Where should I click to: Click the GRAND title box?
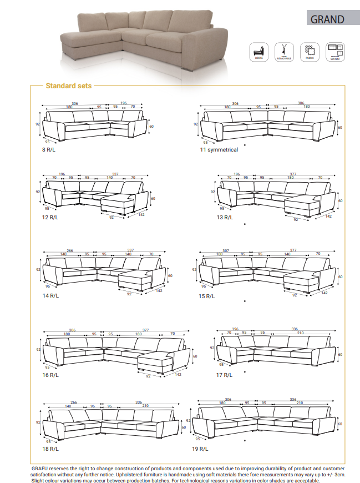[x=327, y=19]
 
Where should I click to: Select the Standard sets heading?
[x=69, y=86]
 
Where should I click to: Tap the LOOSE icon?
[x=258, y=51]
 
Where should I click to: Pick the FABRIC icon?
[x=309, y=51]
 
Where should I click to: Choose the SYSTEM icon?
[x=334, y=51]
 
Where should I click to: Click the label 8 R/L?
[x=49, y=150]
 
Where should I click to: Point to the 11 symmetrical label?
[x=219, y=150]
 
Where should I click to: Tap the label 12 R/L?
[x=50, y=218]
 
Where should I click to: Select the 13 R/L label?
[x=225, y=218]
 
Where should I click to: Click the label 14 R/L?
[x=50, y=296]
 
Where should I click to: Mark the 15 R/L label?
[x=206, y=296]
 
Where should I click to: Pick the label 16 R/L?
[x=50, y=375]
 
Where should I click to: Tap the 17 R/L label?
[x=225, y=375]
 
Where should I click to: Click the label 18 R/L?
[x=50, y=448]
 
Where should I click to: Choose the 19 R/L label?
[x=200, y=448]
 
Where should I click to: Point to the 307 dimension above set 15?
[x=226, y=250]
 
